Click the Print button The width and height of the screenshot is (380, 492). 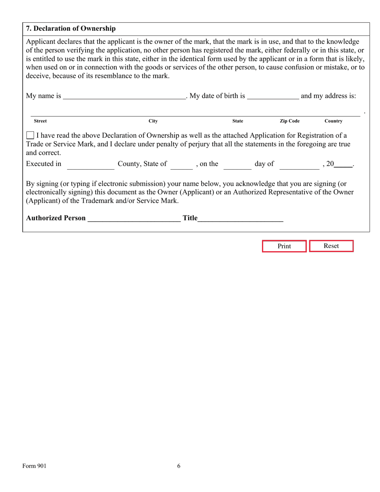[284, 246]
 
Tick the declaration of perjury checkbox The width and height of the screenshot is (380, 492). [30, 136]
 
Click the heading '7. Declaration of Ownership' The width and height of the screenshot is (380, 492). [71, 28]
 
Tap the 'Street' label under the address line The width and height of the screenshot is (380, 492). [40, 121]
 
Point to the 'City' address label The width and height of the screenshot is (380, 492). [153, 121]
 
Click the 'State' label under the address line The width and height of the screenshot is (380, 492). [238, 121]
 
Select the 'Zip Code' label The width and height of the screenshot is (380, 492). [290, 121]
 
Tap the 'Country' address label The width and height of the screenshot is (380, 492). [333, 121]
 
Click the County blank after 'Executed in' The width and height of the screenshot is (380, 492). [90, 164]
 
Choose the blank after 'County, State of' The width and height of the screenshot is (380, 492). [181, 164]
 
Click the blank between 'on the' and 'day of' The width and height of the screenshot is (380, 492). [237, 164]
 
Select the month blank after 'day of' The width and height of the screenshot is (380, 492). [299, 164]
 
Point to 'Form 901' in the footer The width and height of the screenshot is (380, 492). [34, 466]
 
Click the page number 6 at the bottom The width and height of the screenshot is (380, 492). [179, 466]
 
